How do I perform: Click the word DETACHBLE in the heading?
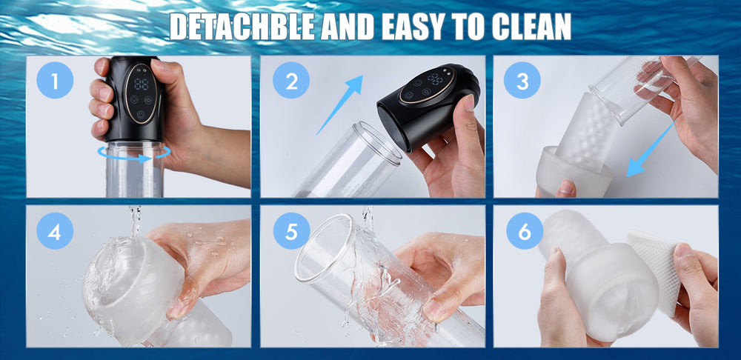tap(242, 27)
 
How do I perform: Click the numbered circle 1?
tap(55, 80)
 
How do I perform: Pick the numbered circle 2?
tap(291, 80)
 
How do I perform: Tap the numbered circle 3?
tap(522, 80)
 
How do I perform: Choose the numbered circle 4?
tap(55, 230)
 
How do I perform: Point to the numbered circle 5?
tap(291, 230)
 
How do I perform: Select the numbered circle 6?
tap(525, 230)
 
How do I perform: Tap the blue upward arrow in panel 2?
tap(339, 104)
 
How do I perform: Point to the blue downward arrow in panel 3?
tap(651, 150)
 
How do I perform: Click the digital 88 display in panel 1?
tap(142, 84)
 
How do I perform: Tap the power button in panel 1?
tap(141, 115)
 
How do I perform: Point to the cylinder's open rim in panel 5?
tap(325, 248)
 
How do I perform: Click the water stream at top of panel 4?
tap(135, 221)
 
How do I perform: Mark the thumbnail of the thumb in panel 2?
tap(468, 102)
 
